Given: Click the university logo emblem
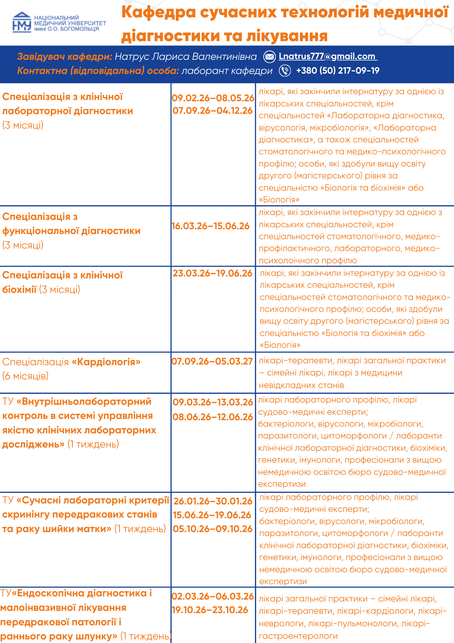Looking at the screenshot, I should point(22,22).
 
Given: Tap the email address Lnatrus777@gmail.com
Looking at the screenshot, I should point(327,56).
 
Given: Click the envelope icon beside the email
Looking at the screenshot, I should point(269,57).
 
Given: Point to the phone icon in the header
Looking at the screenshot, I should point(285,70).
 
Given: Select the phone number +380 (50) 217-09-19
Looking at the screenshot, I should point(338,70).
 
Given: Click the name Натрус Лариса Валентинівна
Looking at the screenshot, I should point(186,57).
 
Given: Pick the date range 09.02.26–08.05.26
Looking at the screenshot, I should point(213,98).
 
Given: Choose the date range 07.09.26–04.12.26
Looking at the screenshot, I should point(213,111).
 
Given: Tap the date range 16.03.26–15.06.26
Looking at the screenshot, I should point(211,226).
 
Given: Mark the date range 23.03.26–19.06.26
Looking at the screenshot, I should point(213,273).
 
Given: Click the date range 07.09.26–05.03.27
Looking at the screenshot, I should point(212,361).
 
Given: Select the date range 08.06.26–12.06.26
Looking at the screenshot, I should point(213,417).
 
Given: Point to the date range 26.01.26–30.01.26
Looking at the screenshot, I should point(213,501).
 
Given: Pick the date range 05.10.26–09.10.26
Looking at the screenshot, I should point(213,529).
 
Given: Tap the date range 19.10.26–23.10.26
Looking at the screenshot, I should point(210,610).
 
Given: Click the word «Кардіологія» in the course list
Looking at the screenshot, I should point(106,362).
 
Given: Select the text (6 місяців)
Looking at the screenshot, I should point(25,376).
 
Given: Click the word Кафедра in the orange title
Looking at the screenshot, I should point(159,12).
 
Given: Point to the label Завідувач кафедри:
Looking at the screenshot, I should point(65,57).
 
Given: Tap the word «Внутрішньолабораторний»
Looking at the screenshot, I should point(84,402).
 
